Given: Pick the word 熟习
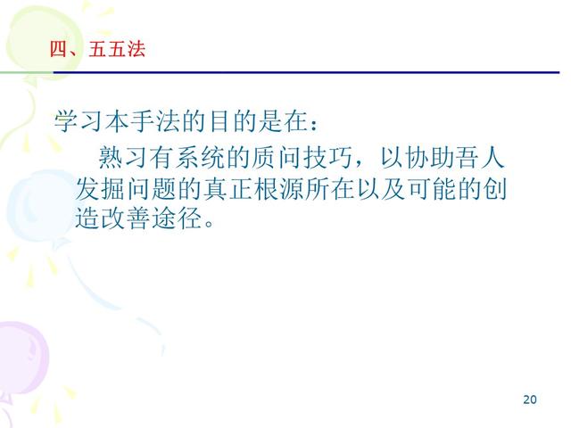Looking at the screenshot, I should [x=125, y=160].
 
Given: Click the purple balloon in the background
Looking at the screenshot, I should [x=22, y=357].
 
